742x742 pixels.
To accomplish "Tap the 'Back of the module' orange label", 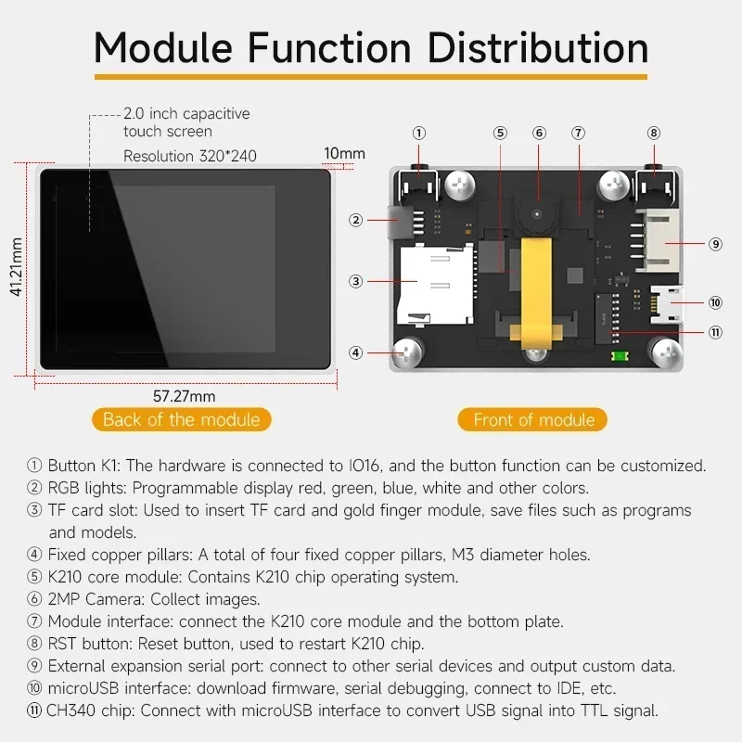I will (x=181, y=419).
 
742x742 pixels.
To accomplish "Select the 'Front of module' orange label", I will (x=533, y=419).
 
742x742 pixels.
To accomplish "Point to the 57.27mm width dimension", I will (x=184, y=396).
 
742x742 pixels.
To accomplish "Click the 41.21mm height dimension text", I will (x=16, y=266).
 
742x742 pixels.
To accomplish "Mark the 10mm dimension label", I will (x=344, y=153).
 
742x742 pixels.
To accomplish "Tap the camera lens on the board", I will (x=539, y=216).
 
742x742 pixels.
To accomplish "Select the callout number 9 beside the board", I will (x=714, y=244).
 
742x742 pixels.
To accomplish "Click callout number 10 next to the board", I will (x=714, y=301).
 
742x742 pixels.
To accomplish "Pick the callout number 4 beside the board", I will (x=355, y=352).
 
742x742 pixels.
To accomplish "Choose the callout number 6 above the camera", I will (x=539, y=133).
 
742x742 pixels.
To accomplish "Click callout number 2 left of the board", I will (x=355, y=220).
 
